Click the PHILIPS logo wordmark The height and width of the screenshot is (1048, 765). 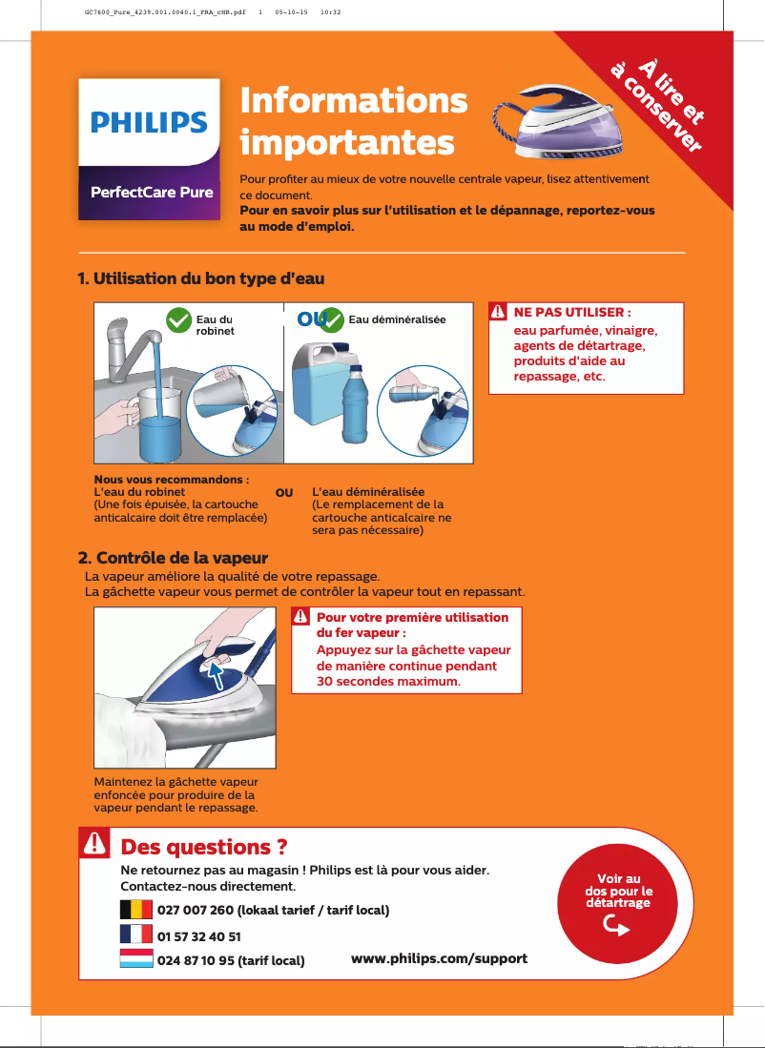[x=149, y=123]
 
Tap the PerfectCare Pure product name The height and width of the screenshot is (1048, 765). [x=151, y=192]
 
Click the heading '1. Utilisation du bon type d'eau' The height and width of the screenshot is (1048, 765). [x=201, y=279]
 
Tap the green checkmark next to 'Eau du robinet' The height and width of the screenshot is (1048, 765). [x=178, y=320]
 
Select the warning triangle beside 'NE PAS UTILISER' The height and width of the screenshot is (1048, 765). [x=498, y=312]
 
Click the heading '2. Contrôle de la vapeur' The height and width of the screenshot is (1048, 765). [x=173, y=557]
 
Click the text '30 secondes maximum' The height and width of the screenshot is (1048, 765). [x=388, y=682]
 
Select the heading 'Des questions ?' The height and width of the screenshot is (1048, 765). [x=204, y=847]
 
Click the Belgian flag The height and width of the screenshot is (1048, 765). [x=136, y=909]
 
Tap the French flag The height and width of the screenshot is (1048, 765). [x=136, y=934]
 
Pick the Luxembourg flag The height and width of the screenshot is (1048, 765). [x=136, y=957]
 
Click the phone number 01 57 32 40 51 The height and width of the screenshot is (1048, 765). [x=198, y=936]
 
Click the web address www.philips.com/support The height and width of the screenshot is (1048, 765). [x=439, y=957]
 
